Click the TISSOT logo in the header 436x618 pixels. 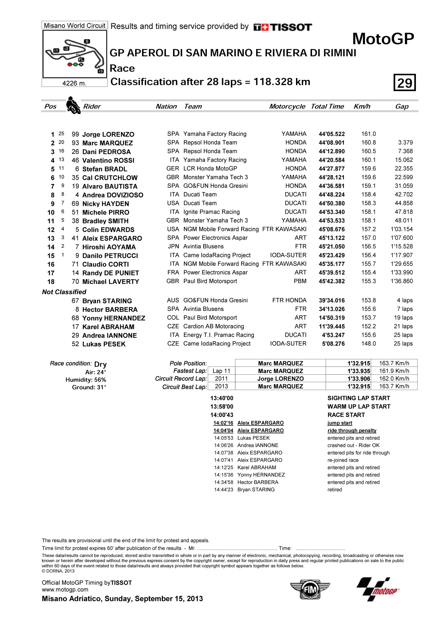point(283,27)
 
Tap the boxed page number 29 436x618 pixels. point(405,83)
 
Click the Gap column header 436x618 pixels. point(402,106)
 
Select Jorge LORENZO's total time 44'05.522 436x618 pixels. point(331,134)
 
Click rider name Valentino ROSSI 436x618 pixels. point(108,160)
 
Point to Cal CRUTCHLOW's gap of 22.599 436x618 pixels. point(404,177)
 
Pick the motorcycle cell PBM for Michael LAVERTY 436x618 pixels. point(300,281)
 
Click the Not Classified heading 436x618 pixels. point(64,292)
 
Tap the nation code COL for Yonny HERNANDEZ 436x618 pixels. point(173,318)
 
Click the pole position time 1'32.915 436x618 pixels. point(359,363)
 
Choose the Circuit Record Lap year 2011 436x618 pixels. point(221,378)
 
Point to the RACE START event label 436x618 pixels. point(346,415)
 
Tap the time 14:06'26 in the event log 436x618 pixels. point(223,445)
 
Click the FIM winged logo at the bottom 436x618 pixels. point(310,589)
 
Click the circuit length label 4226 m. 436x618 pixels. point(74,83)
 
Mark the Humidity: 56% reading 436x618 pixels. point(85,380)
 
